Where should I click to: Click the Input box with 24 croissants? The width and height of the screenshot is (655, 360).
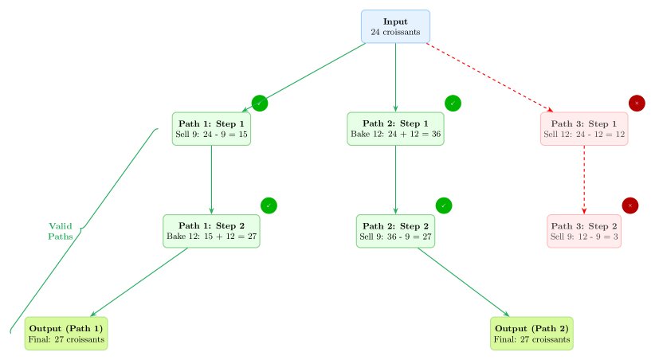coord(395,26)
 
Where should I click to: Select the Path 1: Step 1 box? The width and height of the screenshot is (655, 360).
coord(211,128)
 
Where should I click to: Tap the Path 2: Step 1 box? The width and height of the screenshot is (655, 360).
coord(395,128)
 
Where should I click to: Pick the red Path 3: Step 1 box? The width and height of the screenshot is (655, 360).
coord(584,128)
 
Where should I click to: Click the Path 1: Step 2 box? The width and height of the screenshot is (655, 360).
coord(211,231)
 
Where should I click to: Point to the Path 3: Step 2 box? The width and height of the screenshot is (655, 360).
coord(584,231)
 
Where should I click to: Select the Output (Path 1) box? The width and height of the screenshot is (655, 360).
coord(66,333)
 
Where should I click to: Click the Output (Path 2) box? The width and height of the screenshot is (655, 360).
coord(531,333)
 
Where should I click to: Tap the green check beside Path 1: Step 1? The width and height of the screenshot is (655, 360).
coord(260,104)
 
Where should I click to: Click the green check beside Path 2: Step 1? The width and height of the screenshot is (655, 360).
coord(453,104)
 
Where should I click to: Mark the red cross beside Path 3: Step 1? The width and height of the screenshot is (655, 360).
coord(637,104)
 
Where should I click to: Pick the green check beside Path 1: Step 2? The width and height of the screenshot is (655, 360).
coord(269,205)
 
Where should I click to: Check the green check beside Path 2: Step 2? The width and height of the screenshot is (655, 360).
coord(444,205)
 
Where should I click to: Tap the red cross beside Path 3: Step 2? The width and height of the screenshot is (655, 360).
coord(630,205)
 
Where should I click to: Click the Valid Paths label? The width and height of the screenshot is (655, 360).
coord(61,231)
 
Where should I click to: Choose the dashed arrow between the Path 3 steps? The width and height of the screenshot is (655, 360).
coord(584,179)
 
